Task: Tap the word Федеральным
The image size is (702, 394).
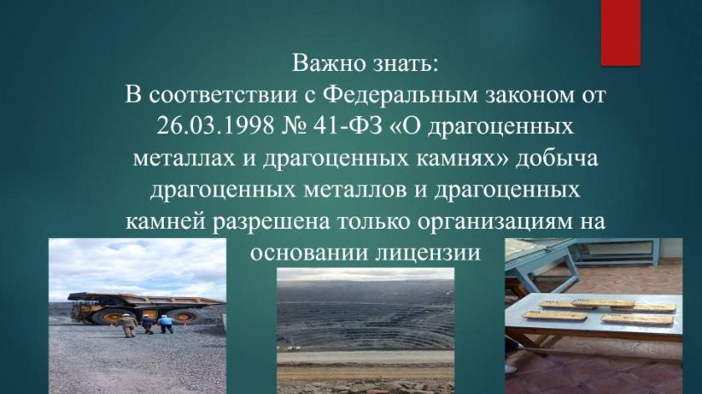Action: (401, 96)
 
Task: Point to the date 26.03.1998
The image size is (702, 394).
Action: (216, 127)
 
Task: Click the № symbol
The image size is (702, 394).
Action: (293, 127)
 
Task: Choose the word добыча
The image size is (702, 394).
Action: (557, 159)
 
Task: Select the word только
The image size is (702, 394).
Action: (374, 221)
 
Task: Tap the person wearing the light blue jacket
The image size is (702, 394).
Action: (165, 324)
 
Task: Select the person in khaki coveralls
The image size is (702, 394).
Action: (129, 325)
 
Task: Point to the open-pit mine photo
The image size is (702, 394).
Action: (365, 331)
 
